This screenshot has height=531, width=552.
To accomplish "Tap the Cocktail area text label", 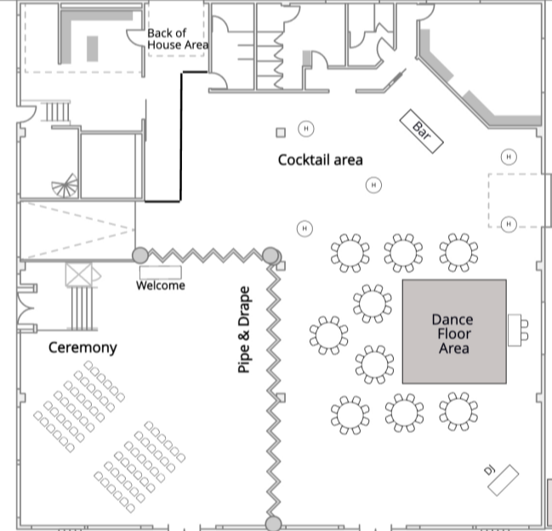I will (321, 160).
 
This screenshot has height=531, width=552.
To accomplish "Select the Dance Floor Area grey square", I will (454, 332).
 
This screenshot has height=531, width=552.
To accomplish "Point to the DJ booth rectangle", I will (503, 479).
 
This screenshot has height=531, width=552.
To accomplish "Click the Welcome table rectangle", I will (161, 272).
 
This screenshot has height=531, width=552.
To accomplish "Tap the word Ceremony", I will (83, 347).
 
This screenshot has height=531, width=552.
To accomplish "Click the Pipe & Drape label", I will (245, 330).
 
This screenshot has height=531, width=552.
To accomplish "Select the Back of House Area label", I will (178, 39).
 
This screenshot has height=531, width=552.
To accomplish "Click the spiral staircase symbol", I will (65, 186).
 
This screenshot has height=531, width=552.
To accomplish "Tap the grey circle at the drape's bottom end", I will (273, 523).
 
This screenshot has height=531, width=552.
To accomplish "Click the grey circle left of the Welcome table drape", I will (140, 254).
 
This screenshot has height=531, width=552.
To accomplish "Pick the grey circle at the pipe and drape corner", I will (270, 254).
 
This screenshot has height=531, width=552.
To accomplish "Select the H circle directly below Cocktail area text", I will (373, 185).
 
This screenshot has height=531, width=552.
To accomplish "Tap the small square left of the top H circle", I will (280, 132).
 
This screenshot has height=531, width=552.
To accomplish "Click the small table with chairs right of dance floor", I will (516, 329).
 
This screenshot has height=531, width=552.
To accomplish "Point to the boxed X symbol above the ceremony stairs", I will (83, 274).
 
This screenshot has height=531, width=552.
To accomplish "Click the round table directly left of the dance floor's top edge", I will (372, 302).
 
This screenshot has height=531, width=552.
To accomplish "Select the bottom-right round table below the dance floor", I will (458, 412).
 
